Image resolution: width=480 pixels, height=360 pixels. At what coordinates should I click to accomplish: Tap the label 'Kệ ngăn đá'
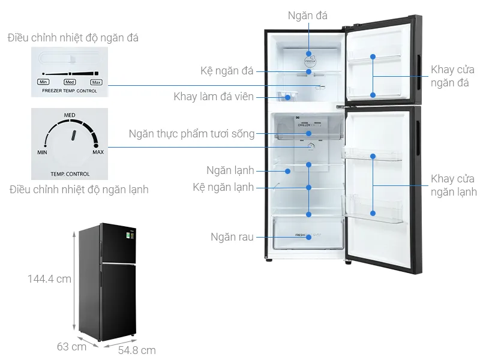click(227, 71)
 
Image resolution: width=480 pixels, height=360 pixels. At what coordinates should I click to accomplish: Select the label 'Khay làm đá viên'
click(214, 97)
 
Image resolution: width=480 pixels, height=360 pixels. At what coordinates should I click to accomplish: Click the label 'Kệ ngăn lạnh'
click(223, 187)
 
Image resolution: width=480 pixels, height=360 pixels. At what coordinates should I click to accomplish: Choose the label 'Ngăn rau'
click(232, 236)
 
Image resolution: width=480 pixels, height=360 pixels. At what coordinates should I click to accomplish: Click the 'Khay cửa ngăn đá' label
click(452, 76)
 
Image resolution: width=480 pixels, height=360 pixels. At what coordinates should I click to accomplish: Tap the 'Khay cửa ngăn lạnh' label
click(454, 185)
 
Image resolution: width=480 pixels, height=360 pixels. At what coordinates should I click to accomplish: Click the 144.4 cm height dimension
click(49, 279)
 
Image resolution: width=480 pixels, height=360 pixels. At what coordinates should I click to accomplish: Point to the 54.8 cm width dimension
click(136, 350)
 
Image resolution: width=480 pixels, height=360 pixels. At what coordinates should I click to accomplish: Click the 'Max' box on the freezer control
click(96, 82)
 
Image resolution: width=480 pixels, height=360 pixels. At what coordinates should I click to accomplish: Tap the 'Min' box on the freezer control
click(43, 82)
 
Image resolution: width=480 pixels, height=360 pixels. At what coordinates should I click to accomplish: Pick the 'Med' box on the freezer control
click(70, 82)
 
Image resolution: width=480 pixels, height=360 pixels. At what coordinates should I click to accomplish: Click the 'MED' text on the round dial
click(70, 114)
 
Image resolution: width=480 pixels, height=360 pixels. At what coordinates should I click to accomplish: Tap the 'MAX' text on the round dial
click(97, 152)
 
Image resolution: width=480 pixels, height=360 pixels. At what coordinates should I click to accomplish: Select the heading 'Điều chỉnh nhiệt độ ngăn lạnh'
click(79, 190)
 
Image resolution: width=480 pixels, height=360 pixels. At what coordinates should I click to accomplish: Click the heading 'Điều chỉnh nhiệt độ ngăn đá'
click(73, 38)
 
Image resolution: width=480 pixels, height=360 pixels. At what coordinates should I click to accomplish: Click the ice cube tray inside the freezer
click(288, 96)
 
